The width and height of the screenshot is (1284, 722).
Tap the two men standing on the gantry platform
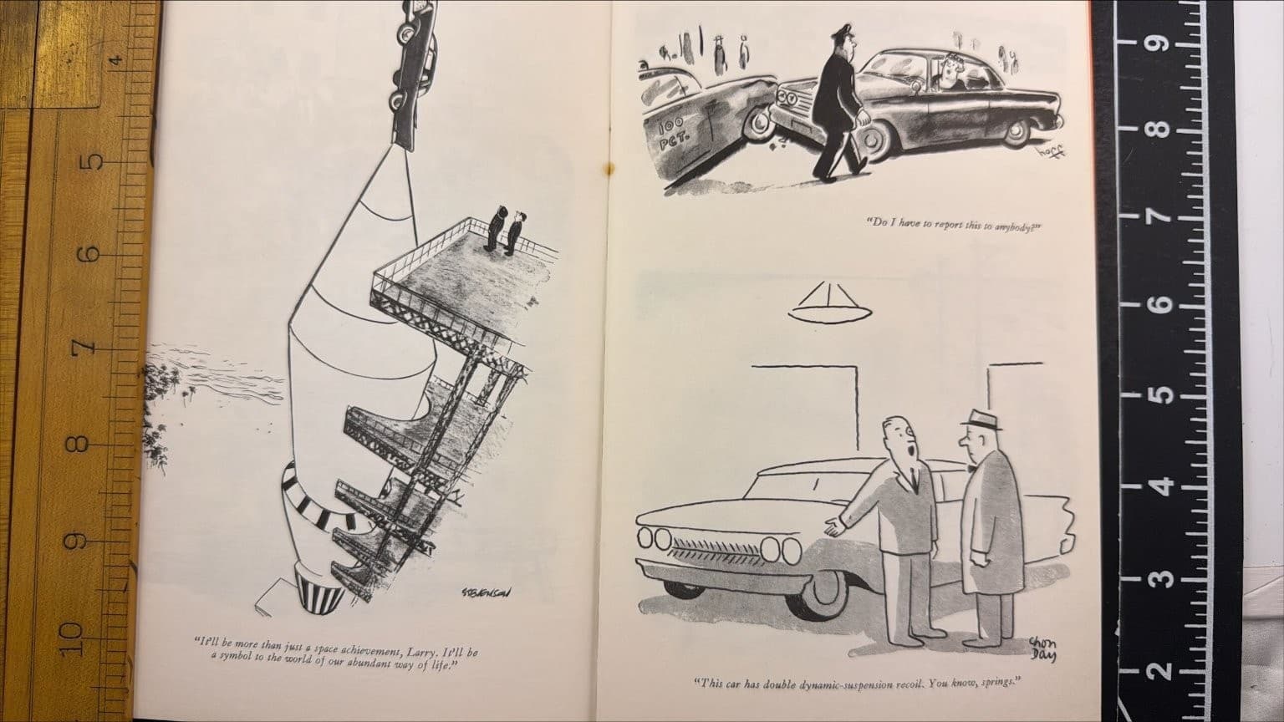pyautogui.click(x=507, y=230)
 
